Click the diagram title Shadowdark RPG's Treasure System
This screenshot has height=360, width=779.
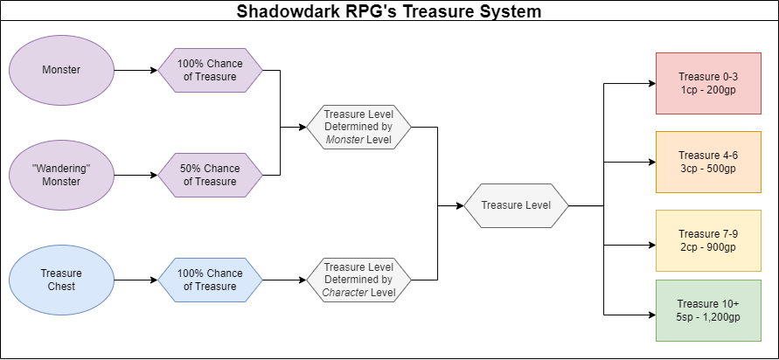[389, 12]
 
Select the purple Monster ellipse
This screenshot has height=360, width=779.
[62, 69]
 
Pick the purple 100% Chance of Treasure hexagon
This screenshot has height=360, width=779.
[210, 69]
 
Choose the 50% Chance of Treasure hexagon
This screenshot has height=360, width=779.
[210, 175]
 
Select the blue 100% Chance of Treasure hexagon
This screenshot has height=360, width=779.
[210, 280]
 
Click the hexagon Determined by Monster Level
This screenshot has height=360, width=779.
[358, 128]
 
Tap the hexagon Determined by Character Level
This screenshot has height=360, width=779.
[358, 280]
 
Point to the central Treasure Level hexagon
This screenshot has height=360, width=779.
[516, 206]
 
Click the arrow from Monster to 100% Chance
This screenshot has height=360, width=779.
[136, 69]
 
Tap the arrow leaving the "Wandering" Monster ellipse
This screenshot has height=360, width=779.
[136, 175]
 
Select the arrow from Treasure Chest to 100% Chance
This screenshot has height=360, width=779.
[136, 280]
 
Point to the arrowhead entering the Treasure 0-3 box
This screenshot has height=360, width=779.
[650, 84]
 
